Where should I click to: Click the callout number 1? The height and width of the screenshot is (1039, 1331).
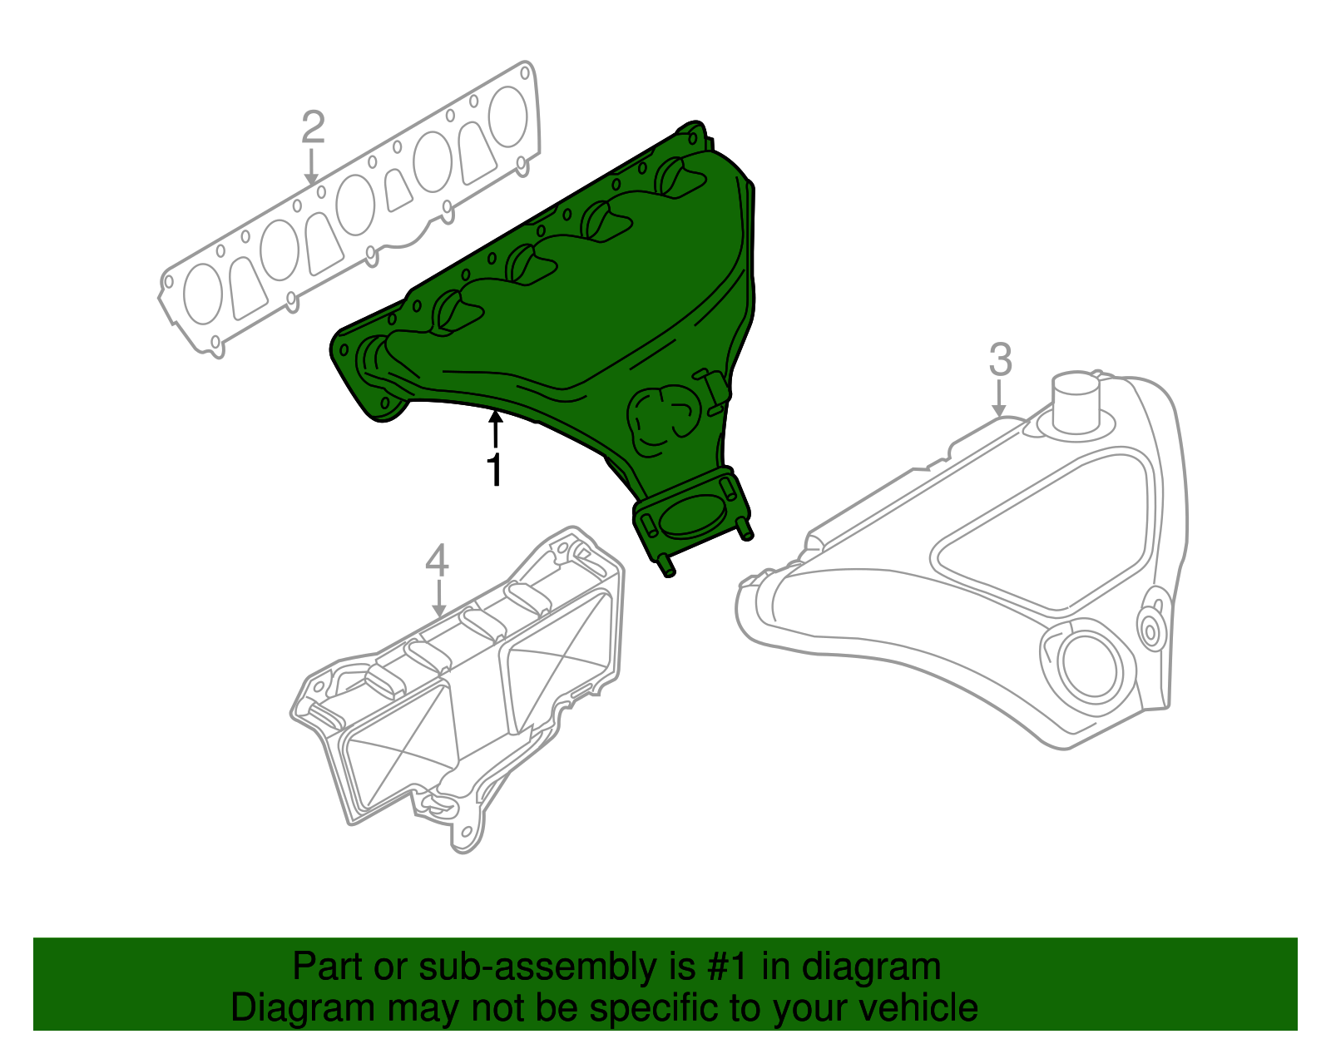[495, 470]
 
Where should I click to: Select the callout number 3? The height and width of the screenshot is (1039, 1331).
[1001, 360]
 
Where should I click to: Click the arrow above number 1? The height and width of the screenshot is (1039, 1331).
[495, 429]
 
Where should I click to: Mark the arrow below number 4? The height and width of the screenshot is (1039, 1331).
[438, 598]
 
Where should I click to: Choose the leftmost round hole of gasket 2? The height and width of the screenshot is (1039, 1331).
[202, 294]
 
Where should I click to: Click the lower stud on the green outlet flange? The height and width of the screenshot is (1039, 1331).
[666, 569]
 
